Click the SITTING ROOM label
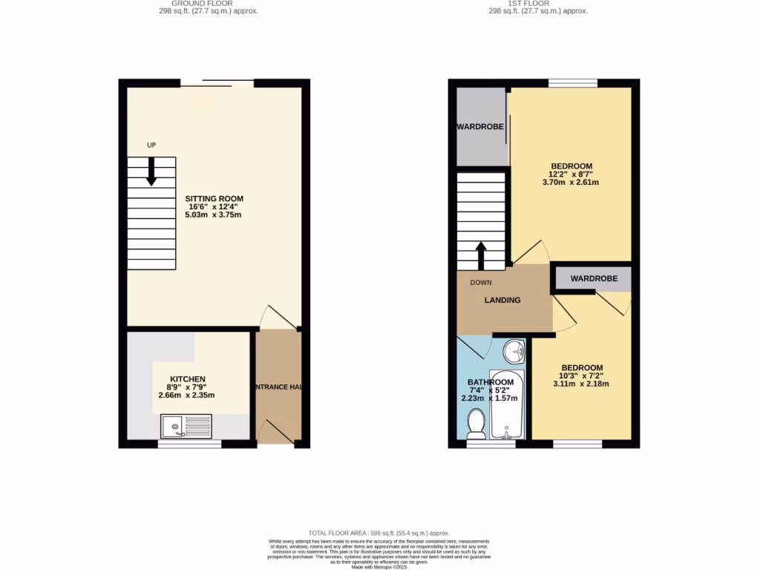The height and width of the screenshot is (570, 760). point(214,199)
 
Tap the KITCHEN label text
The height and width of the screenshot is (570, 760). point(187,379)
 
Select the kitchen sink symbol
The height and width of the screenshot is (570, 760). point(186,426)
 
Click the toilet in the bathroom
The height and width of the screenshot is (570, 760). point(476,424)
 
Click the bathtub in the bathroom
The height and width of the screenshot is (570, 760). point(508,404)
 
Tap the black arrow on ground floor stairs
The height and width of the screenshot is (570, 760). point(151,172)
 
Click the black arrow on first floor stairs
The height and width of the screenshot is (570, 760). point(480,255)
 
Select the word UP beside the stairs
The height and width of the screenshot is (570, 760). point(151,145)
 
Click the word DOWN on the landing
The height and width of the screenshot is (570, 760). point(480,283)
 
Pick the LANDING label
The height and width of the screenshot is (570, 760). point(502,300)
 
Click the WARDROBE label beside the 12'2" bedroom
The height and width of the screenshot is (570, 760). point(480,127)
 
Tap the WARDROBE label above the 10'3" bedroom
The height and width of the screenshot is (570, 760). point(594,279)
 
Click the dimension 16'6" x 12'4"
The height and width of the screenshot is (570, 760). point(214,207)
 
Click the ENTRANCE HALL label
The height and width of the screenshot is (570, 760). point(278,387)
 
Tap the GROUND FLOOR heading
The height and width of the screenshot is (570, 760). point(207,4)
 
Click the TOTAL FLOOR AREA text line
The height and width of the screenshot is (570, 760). point(379,533)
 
